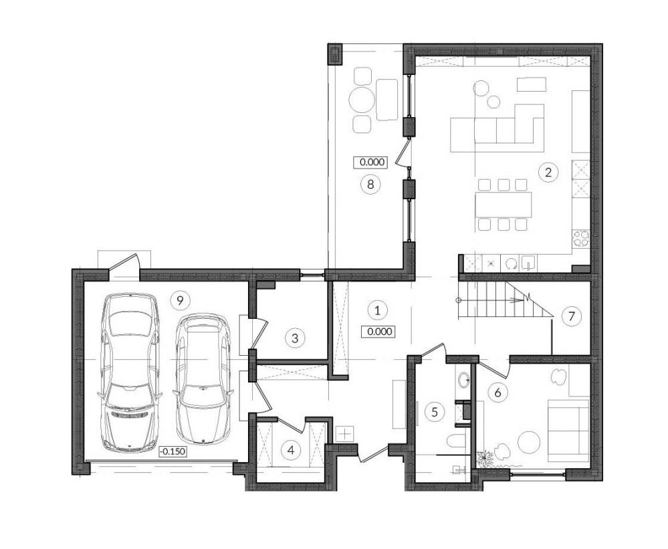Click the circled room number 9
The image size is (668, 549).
click(x=180, y=301)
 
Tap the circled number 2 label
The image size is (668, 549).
click(x=548, y=173)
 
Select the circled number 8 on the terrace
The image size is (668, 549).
click(x=370, y=185)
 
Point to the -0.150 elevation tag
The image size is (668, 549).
click(x=173, y=451)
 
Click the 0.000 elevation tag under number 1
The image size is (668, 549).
click(x=378, y=332)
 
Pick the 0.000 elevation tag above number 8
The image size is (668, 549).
click(x=370, y=162)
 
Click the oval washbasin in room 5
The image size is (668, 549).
click(x=463, y=378)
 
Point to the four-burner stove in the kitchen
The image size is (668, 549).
click(x=580, y=238)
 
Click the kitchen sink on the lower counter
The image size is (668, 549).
click(x=529, y=263)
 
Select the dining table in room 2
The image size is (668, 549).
click(x=504, y=204)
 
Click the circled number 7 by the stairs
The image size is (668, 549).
click(x=571, y=316)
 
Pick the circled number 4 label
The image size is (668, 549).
click(x=292, y=450)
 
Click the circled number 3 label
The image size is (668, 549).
click(x=295, y=338)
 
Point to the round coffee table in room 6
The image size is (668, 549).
click(x=529, y=443)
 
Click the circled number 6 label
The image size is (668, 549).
click(x=497, y=392)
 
